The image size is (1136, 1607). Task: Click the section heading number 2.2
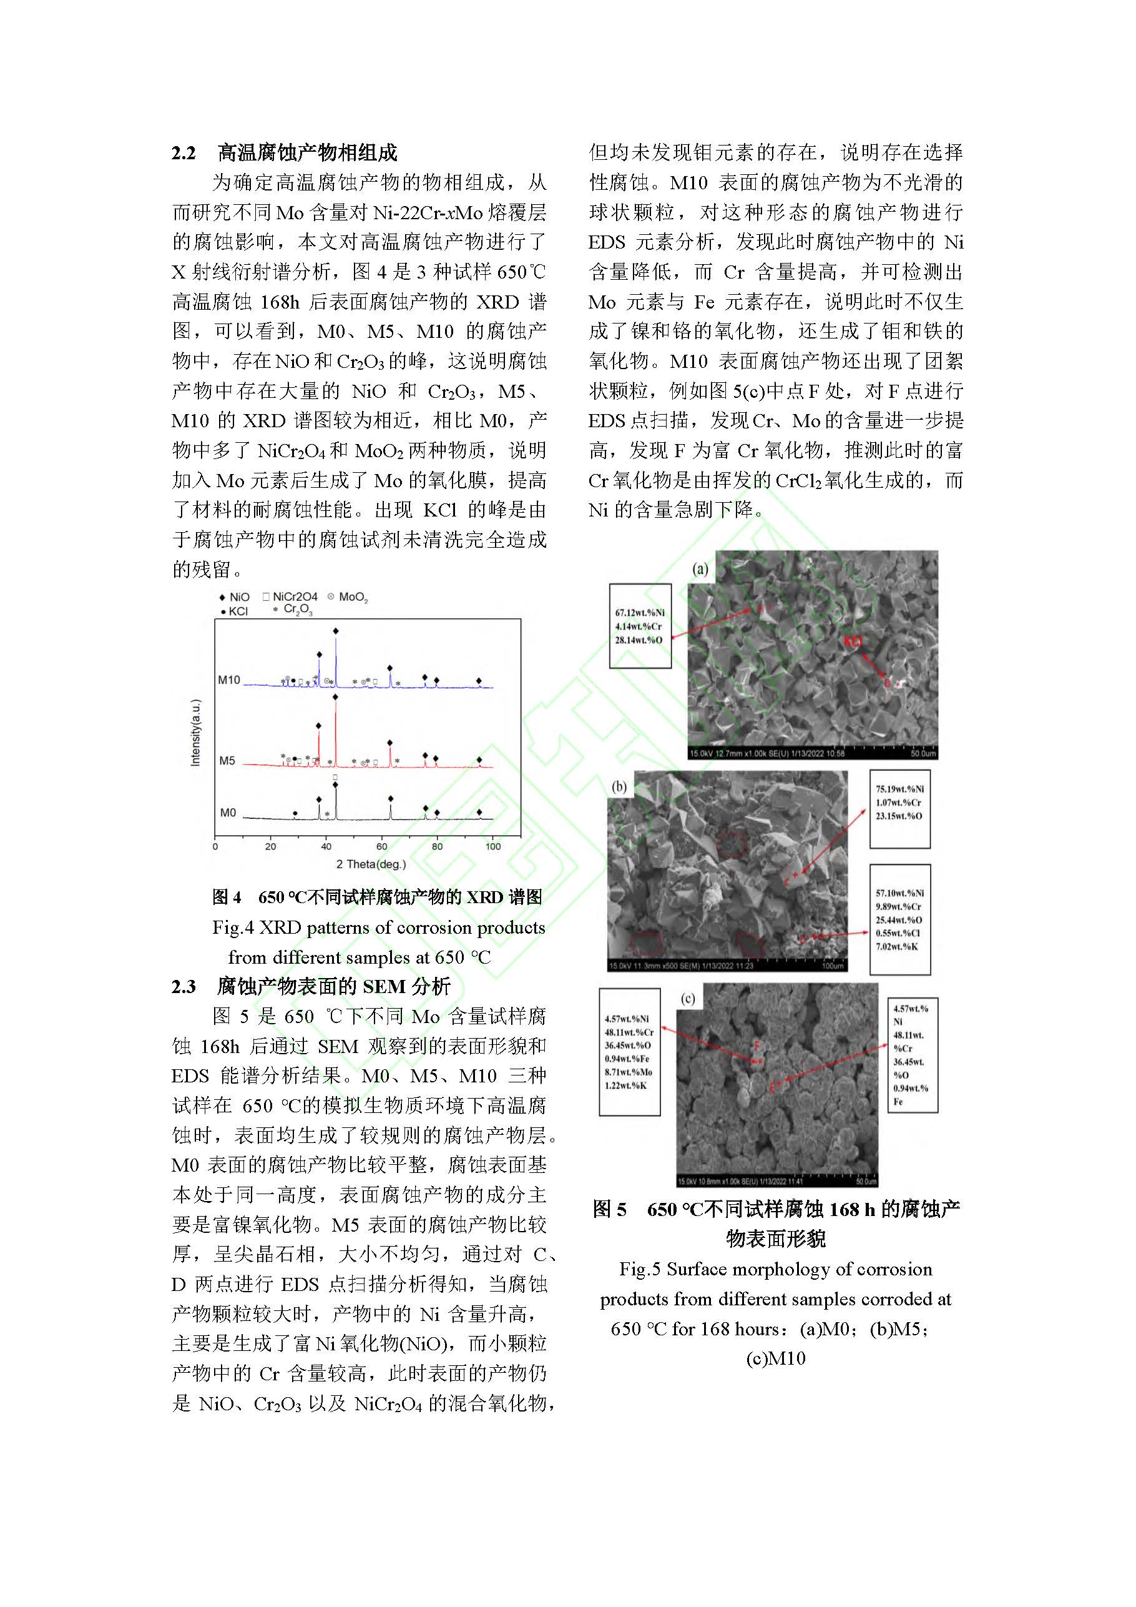[x=184, y=152]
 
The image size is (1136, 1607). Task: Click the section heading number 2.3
[x=184, y=986]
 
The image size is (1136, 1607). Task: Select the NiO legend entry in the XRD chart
[x=235, y=597]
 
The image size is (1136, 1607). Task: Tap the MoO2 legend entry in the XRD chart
[x=349, y=597]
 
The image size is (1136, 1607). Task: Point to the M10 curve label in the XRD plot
[x=228, y=680]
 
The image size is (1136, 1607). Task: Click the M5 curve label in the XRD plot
[x=227, y=761]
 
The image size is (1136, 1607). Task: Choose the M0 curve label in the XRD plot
[x=228, y=813]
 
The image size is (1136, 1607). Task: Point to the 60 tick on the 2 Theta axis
[x=381, y=846]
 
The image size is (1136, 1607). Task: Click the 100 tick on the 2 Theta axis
[x=492, y=846]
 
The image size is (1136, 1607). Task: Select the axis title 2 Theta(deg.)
[x=371, y=864]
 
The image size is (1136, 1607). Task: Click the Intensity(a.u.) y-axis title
[x=195, y=732]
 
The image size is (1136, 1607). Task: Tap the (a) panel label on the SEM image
[x=700, y=568]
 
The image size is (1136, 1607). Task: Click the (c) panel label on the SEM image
[x=688, y=999]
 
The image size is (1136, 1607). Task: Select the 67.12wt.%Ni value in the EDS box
[x=639, y=613]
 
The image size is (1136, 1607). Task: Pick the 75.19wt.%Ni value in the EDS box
[x=899, y=789]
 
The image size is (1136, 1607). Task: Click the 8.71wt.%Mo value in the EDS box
[x=628, y=1072]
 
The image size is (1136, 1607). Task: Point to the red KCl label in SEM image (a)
[x=853, y=641]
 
